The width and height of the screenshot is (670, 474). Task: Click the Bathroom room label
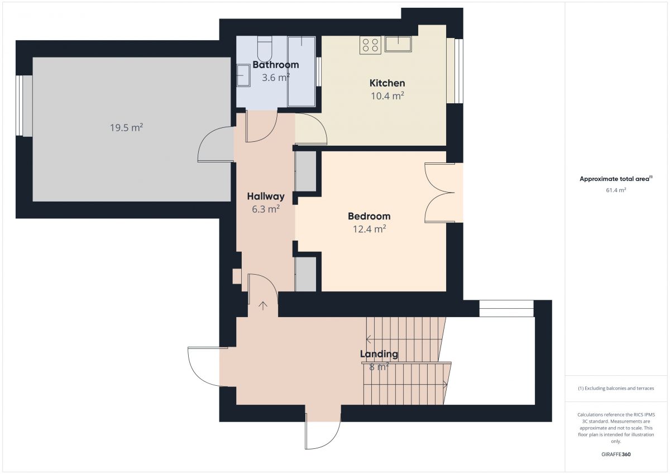[x=275, y=65]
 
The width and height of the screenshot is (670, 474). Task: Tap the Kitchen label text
[x=387, y=83]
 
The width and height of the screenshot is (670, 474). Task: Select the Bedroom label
[x=369, y=216]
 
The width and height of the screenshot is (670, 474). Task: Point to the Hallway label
[x=266, y=196]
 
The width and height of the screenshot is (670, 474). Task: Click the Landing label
[x=379, y=354]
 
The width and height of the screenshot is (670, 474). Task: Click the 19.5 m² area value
[x=126, y=128]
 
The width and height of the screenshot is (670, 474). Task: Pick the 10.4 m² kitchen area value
[x=387, y=96]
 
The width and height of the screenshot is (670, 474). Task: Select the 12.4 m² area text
[x=369, y=229]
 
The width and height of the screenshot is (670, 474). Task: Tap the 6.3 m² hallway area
[x=266, y=209]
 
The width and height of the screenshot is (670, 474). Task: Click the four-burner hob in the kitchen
[x=370, y=45]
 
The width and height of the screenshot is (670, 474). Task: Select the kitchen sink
[x=398, y=44]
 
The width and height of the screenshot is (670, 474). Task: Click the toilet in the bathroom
[x=265, y=49]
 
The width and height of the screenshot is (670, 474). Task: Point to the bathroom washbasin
[x=243, y=76]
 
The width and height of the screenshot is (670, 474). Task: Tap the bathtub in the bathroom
[x=301, y=71]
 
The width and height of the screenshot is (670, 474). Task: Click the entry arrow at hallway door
[x=263, y=305]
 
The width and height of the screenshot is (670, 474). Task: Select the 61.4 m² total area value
[x=616, y=190]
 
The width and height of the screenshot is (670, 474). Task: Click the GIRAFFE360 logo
[x=616, y=454]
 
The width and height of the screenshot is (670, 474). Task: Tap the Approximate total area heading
[x=616, y=179]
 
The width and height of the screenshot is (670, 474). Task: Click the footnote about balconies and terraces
[x=616, y=388]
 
